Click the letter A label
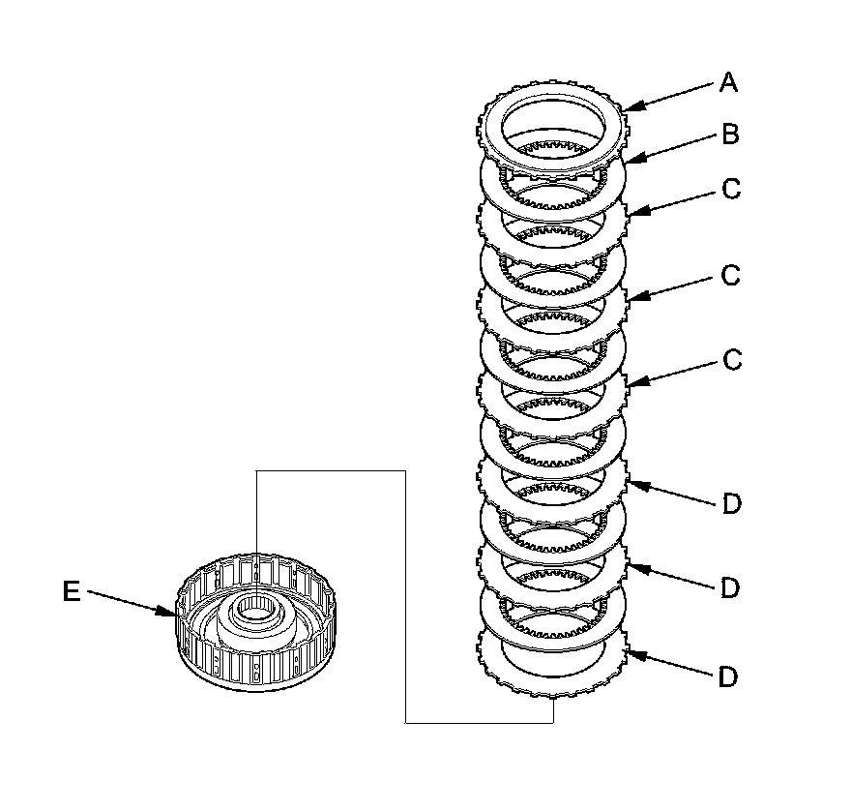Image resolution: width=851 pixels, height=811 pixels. pos(728,83)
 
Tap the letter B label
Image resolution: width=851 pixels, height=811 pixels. pos(730,135)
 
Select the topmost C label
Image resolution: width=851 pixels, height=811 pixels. pos(731,190)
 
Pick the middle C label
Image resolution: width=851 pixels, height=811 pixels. pos(731,276)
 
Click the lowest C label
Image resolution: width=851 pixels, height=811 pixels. pos(731,360)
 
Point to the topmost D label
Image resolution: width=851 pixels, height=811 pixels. pos(731,503)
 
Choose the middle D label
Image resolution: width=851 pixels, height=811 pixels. pos(731,587)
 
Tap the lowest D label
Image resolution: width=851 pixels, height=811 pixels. pos(728,676)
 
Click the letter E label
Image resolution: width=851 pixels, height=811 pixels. pos(72,591)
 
